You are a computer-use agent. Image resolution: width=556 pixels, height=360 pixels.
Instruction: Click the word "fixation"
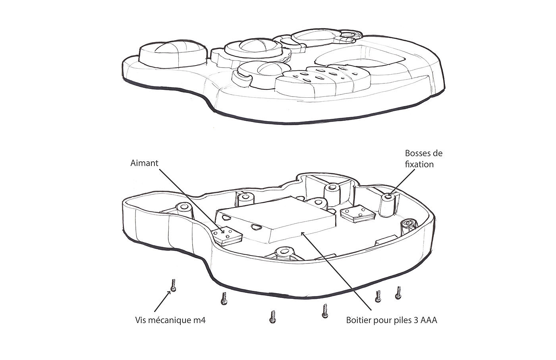click(419, 164)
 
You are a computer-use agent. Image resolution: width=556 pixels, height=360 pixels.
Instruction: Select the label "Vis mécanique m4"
click(170, 320)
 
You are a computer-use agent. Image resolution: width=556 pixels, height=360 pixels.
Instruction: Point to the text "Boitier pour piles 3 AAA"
click(392, 320)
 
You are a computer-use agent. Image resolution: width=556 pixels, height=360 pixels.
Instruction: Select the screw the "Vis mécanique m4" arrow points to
click(173, 285)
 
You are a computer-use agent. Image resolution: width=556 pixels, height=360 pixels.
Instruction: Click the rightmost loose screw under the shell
click(398, 293)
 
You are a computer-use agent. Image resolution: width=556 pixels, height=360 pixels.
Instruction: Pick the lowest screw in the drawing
click(272, 316)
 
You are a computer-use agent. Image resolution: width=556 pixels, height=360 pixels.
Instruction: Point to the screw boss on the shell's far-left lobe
click(183, 209)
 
